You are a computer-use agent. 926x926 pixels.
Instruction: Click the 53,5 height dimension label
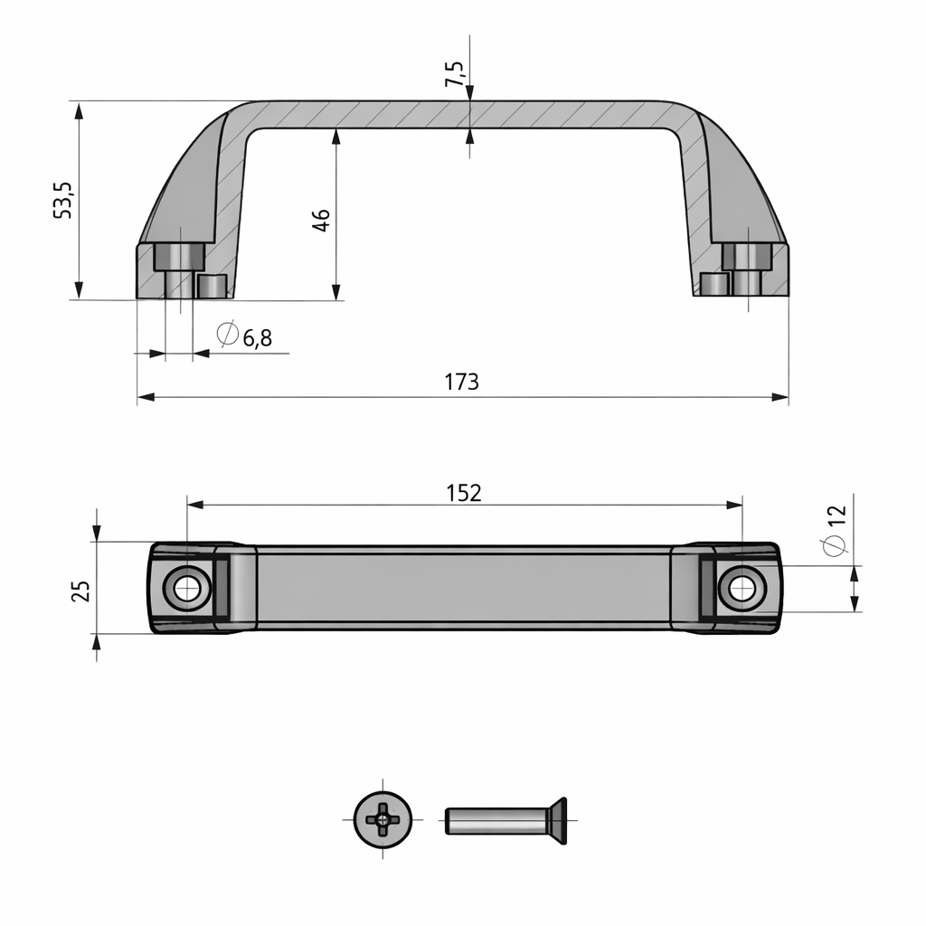[x=62, y=199]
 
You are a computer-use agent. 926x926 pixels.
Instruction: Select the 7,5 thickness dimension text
[x=454, y=73]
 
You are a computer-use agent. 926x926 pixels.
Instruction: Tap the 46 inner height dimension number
[x=321, y=220]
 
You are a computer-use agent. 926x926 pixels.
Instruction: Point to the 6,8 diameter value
[x=256, y=338]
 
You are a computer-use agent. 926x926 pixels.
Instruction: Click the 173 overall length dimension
[x=461, y=382]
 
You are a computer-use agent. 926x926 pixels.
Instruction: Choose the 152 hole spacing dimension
[x=463, y=493]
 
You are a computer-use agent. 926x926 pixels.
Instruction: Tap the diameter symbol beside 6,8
[x=228, y=335]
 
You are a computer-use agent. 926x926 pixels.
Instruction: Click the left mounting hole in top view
[x=187, y=589]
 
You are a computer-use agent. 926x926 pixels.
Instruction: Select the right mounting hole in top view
[x=742, y=589]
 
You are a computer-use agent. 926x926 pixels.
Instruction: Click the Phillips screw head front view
[x=383, y=820]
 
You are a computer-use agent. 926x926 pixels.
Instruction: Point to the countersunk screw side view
[x=506, y=821]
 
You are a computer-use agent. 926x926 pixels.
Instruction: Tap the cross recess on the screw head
[x=383, y=820]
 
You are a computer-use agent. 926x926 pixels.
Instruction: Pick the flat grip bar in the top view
[x=463, y=588]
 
